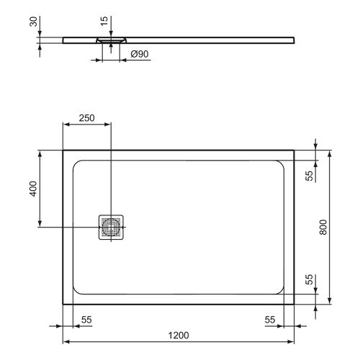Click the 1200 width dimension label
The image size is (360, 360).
pos(179,335)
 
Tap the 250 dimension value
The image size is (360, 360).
pos(87,118)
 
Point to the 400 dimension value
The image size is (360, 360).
pos(32,189)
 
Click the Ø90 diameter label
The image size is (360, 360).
pos(140,54)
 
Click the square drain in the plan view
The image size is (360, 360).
pos(112,228)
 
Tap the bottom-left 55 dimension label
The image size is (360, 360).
pos(85,319)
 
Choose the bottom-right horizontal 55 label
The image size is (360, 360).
pos(270,319)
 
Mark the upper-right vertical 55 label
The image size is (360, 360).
pos(309,176)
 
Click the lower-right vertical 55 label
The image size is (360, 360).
pos(309,280)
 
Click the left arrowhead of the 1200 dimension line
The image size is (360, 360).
pos(66,342)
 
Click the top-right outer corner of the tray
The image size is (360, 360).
pos(294,150)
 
